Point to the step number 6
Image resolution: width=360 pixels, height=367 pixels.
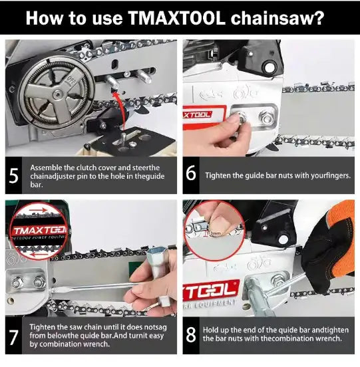(191, 175)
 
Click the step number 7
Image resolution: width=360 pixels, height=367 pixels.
(14, 336)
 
